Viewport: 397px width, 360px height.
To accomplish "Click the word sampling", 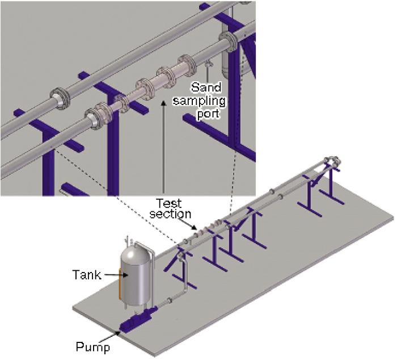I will [x=208, y=101].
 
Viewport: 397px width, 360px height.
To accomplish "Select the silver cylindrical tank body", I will [x=134, y=278].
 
